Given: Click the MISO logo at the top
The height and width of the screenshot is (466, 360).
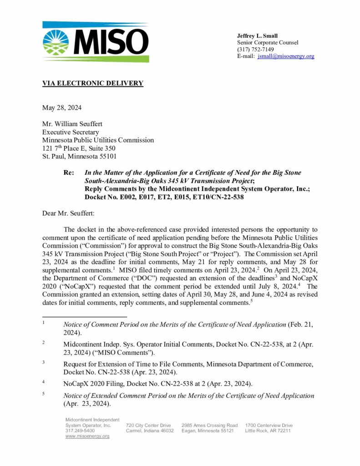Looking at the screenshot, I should point(95,42).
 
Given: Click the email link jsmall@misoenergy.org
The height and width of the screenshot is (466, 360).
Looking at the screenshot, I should point(286,56).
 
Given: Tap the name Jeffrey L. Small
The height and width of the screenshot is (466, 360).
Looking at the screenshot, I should point(257,36).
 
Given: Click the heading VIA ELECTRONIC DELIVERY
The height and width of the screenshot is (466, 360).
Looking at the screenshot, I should point(92,83).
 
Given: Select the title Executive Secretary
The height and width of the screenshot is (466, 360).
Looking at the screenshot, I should point(69,132).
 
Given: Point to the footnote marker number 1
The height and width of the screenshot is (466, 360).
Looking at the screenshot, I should point(44,323).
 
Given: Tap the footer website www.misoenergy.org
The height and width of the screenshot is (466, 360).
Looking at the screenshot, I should point(87,436).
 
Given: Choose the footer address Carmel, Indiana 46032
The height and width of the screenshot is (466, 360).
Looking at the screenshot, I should point(149,431).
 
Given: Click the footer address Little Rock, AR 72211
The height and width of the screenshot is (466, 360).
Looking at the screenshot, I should point(268,431).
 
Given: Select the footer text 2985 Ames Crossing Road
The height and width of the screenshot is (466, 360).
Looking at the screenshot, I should point(209,425).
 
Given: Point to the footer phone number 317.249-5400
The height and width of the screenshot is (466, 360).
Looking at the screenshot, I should point(80,431).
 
